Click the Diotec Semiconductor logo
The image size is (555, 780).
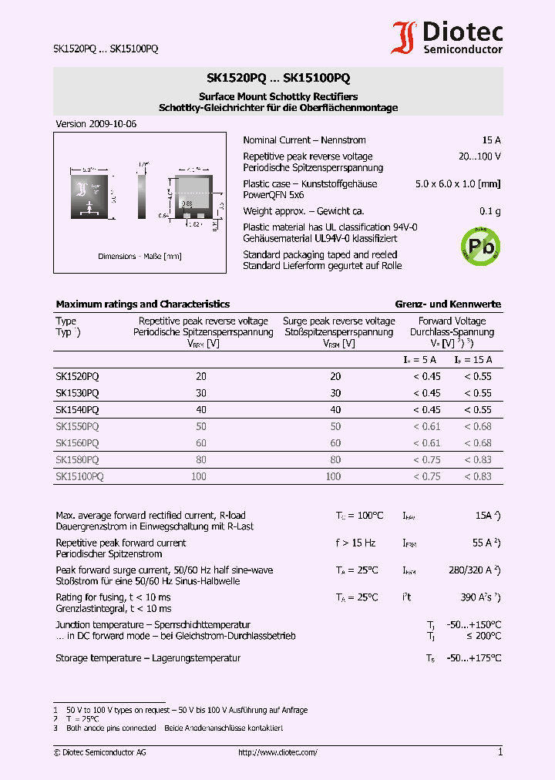pyautogui.click(x=447, y=38)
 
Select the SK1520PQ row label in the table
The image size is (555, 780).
pyautogui.click(x=77, y=377)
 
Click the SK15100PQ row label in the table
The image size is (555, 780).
pyautogui.click(x=79, y=476)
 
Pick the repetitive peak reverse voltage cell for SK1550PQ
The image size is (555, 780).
pyautogui.click(x=201, y=426)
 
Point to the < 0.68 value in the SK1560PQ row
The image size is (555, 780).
pyautogui.click(x=477, y=443)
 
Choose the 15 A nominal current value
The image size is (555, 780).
pyautogui.click(x=491, y=140)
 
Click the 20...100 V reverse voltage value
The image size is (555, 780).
pyautogui.click(x=479, y=156)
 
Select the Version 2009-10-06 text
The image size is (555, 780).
pyautogui.click(x=96, y=124)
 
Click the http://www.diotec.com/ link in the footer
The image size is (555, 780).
pyautogui.click(x=277, y=752)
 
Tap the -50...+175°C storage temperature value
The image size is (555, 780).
pyautogui.click(x=474, y=658)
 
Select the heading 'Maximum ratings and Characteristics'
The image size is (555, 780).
pyautogui.click(x=143, y=304)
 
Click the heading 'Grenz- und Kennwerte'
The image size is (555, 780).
pyautogui.click(x=448, y=304)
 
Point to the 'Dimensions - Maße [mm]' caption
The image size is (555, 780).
pyautogui.click(x=140, y=257)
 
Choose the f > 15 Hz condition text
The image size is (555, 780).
pyautogui.click(x=355, y=543)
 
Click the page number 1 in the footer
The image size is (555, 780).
pyautogui.click(x=499, y=752)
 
